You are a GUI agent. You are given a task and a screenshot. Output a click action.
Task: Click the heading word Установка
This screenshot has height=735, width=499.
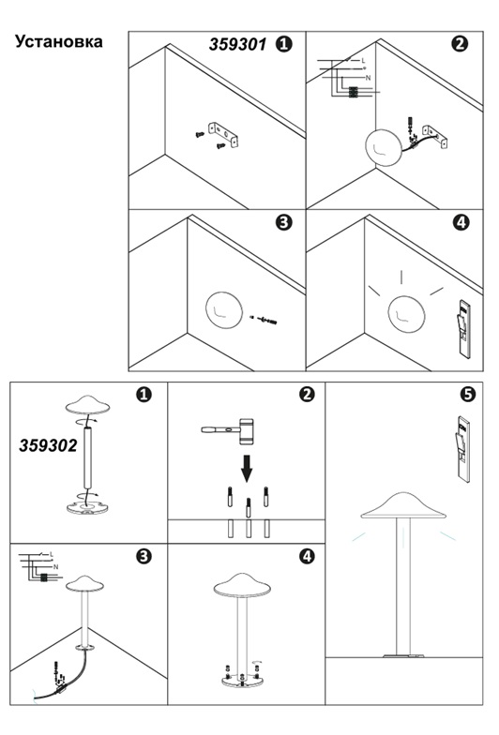coord(58,41)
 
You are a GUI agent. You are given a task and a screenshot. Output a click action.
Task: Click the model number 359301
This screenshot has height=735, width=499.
coord(238,45)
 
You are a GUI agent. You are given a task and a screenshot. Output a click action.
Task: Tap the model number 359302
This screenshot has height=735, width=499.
coord(48,445)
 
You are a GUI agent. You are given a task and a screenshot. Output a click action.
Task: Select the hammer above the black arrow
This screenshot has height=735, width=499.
coord(228,431)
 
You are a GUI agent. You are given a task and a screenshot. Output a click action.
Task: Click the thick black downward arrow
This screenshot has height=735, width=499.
coord(247,469)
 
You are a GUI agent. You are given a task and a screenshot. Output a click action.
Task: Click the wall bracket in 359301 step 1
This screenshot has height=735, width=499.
coord(223,134)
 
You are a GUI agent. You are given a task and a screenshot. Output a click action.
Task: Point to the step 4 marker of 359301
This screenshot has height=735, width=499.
coord(461,222)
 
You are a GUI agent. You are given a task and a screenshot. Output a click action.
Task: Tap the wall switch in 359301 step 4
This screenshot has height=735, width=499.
coord(464,328)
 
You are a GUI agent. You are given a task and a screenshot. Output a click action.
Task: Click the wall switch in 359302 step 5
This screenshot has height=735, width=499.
coord(463,448)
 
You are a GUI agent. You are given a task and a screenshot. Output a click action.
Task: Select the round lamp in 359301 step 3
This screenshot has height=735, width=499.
coord(224,310)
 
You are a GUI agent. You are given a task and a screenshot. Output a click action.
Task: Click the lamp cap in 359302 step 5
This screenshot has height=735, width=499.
coord(403,506)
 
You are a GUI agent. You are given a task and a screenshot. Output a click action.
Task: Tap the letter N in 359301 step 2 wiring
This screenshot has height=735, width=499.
coord(368,78)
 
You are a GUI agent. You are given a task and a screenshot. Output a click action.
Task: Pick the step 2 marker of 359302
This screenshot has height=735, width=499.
coord(307,394)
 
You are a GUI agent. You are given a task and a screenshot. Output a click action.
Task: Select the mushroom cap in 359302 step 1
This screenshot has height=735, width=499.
coord(88,405)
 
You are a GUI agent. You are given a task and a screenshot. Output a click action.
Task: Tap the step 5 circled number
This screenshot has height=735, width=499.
coord(467,394)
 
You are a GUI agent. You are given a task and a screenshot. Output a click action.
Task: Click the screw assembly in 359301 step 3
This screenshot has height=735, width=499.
coord(265,321)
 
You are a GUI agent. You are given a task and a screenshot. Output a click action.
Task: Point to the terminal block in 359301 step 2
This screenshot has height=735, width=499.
coord(353,93)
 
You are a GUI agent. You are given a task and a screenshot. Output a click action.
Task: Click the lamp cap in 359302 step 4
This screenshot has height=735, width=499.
coord(242,585)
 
